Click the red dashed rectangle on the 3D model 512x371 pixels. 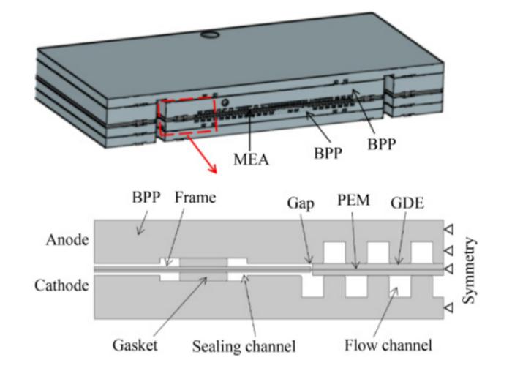[187, 117]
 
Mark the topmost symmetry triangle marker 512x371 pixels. [449, 230]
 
